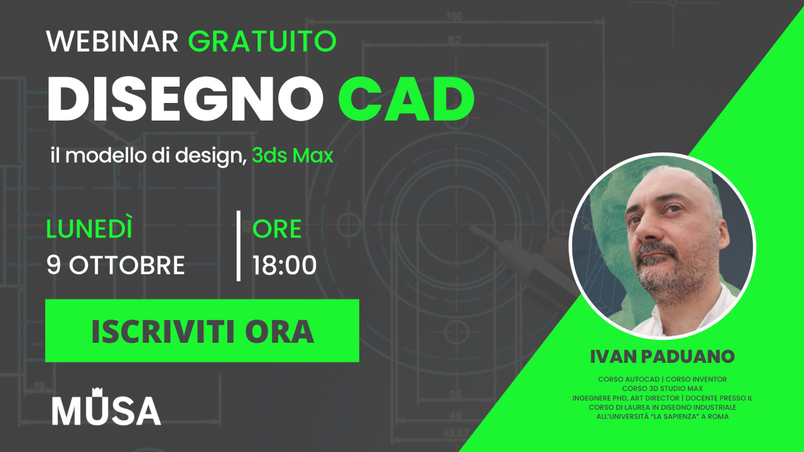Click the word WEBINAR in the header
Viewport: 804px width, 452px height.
tap(112, 41)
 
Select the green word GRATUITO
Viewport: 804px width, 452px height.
tap(262, 41)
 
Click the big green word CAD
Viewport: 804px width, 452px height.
tap(406, 100)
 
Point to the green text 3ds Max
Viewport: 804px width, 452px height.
tap(292, 156)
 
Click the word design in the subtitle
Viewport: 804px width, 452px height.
tap(212, 156)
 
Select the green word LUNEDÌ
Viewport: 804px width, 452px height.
tap(89, 229)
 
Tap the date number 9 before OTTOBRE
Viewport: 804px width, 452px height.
tap(54, 266)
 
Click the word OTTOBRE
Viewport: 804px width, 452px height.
tap(127, 266)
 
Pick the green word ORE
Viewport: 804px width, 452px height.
tap(277, 229)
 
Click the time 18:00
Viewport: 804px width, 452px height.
tap(285, 266)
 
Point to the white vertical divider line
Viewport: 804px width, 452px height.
tap(239, 246)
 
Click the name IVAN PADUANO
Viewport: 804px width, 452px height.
tap(662, 357)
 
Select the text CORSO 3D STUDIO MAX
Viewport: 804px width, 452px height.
tap(662, 389)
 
